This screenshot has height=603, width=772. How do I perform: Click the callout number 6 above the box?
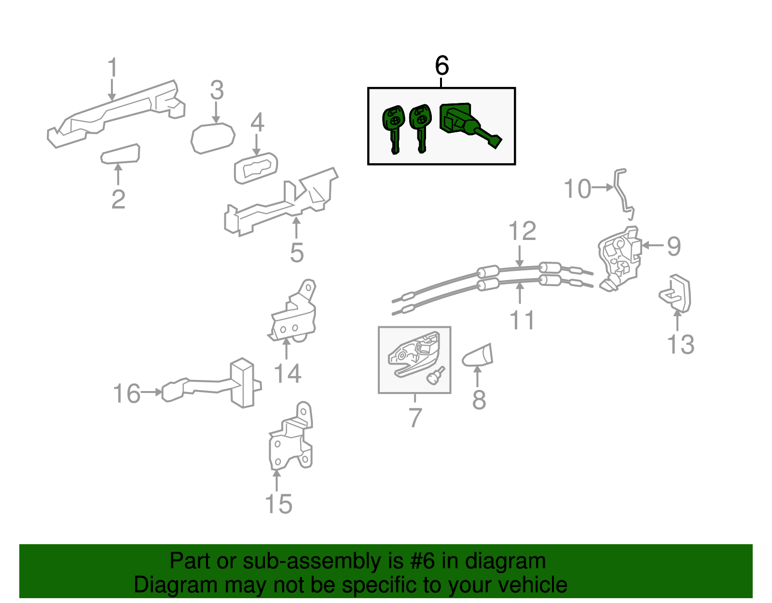click(x=441, y=66)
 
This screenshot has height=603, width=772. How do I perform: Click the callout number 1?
click(x=112, y=68)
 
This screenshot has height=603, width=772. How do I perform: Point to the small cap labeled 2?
click(x=121, y=154)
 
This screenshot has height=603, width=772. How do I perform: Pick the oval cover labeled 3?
click(x=213, y=138)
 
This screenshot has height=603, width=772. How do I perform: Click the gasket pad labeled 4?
click(x=256, y=168)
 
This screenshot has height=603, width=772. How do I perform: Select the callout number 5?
click(x=297, y=253)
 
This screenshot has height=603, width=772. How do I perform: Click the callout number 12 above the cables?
click(x=522, y=231)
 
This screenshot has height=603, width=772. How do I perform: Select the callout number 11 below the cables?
click(x=522, y=320)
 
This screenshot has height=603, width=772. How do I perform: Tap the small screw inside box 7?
click(x=437, y=375)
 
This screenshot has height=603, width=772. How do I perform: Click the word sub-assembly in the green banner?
click(x=311, y=561)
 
